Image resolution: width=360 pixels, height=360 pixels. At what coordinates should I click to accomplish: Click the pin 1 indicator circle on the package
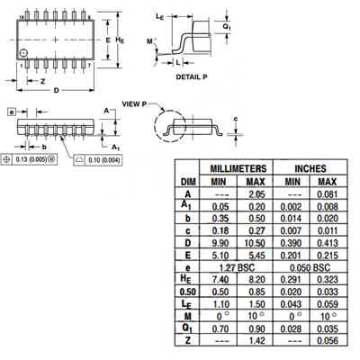tap(23, 53)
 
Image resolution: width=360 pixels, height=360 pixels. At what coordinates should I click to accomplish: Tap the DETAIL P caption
tap(192, 77)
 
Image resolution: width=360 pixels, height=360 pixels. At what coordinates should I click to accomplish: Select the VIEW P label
tap(134, 104)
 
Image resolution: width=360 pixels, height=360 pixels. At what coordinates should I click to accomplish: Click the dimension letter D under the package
tap(56, 90)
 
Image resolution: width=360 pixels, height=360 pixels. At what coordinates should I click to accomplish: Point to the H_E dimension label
tap(120, 40)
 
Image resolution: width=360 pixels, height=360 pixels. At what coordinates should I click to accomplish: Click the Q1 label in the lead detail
tap(227, 27)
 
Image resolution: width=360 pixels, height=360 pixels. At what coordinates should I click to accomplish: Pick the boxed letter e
tap(12, 112)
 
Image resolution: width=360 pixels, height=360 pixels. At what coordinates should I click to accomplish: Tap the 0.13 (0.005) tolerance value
tap(31, 159)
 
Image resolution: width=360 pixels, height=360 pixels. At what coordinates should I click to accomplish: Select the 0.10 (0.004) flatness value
tap(103, 160)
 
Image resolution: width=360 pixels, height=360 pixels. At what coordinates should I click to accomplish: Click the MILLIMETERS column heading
tap(238, 168)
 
